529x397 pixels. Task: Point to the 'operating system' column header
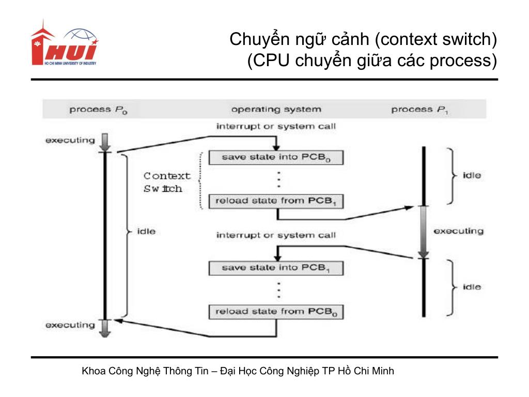(276, 110)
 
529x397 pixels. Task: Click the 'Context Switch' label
(166, 182)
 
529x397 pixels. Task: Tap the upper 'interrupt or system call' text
(276, 126)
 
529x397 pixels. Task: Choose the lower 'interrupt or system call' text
(276, 235)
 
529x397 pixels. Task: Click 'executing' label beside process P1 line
(458, 231)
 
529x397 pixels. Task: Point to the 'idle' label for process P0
(146, 231)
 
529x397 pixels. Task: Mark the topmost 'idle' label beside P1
(472, 176)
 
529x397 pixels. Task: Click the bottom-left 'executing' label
(70, 325)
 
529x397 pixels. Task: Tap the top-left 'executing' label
(70, 140)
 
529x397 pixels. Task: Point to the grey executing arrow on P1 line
(423, 231)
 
